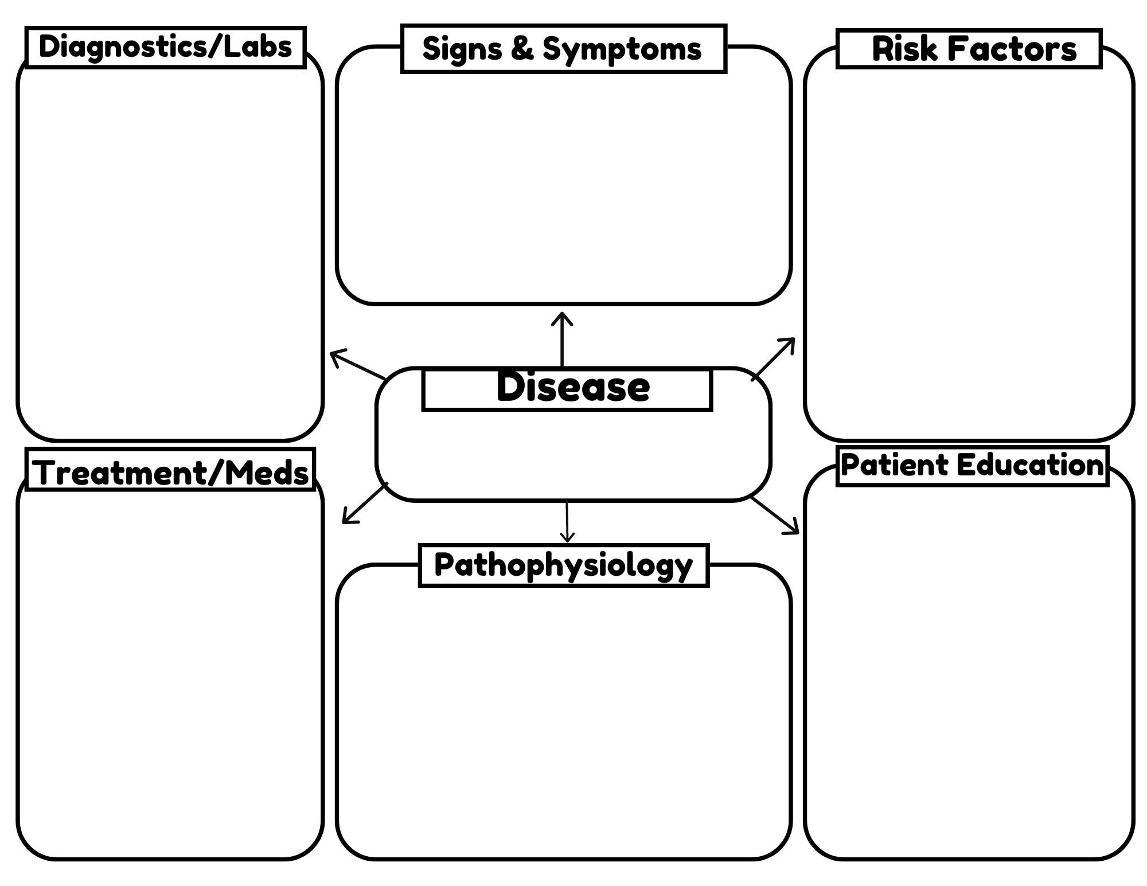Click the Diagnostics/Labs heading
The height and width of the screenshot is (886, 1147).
pos(165,47)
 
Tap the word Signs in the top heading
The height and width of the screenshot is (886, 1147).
pos(462,49)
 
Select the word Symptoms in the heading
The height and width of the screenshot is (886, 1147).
pos(622,49)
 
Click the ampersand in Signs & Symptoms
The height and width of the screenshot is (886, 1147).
pos(522,48)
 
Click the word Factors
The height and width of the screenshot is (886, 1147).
pos(1012,49)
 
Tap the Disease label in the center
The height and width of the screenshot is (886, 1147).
pos(572,387)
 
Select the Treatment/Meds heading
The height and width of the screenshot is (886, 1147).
pos(170,473)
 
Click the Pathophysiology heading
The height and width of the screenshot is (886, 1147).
pos(563,565)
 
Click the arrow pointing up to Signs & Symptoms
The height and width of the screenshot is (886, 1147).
pos(562,339)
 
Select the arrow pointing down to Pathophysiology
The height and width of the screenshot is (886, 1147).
pos(567,522)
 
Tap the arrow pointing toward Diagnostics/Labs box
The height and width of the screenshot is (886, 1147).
pos(357,365)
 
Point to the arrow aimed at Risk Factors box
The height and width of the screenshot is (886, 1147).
pos(773,359)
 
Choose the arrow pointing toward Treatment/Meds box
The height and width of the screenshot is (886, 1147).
pos(365,503)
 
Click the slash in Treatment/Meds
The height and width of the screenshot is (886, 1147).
pos(216,473)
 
